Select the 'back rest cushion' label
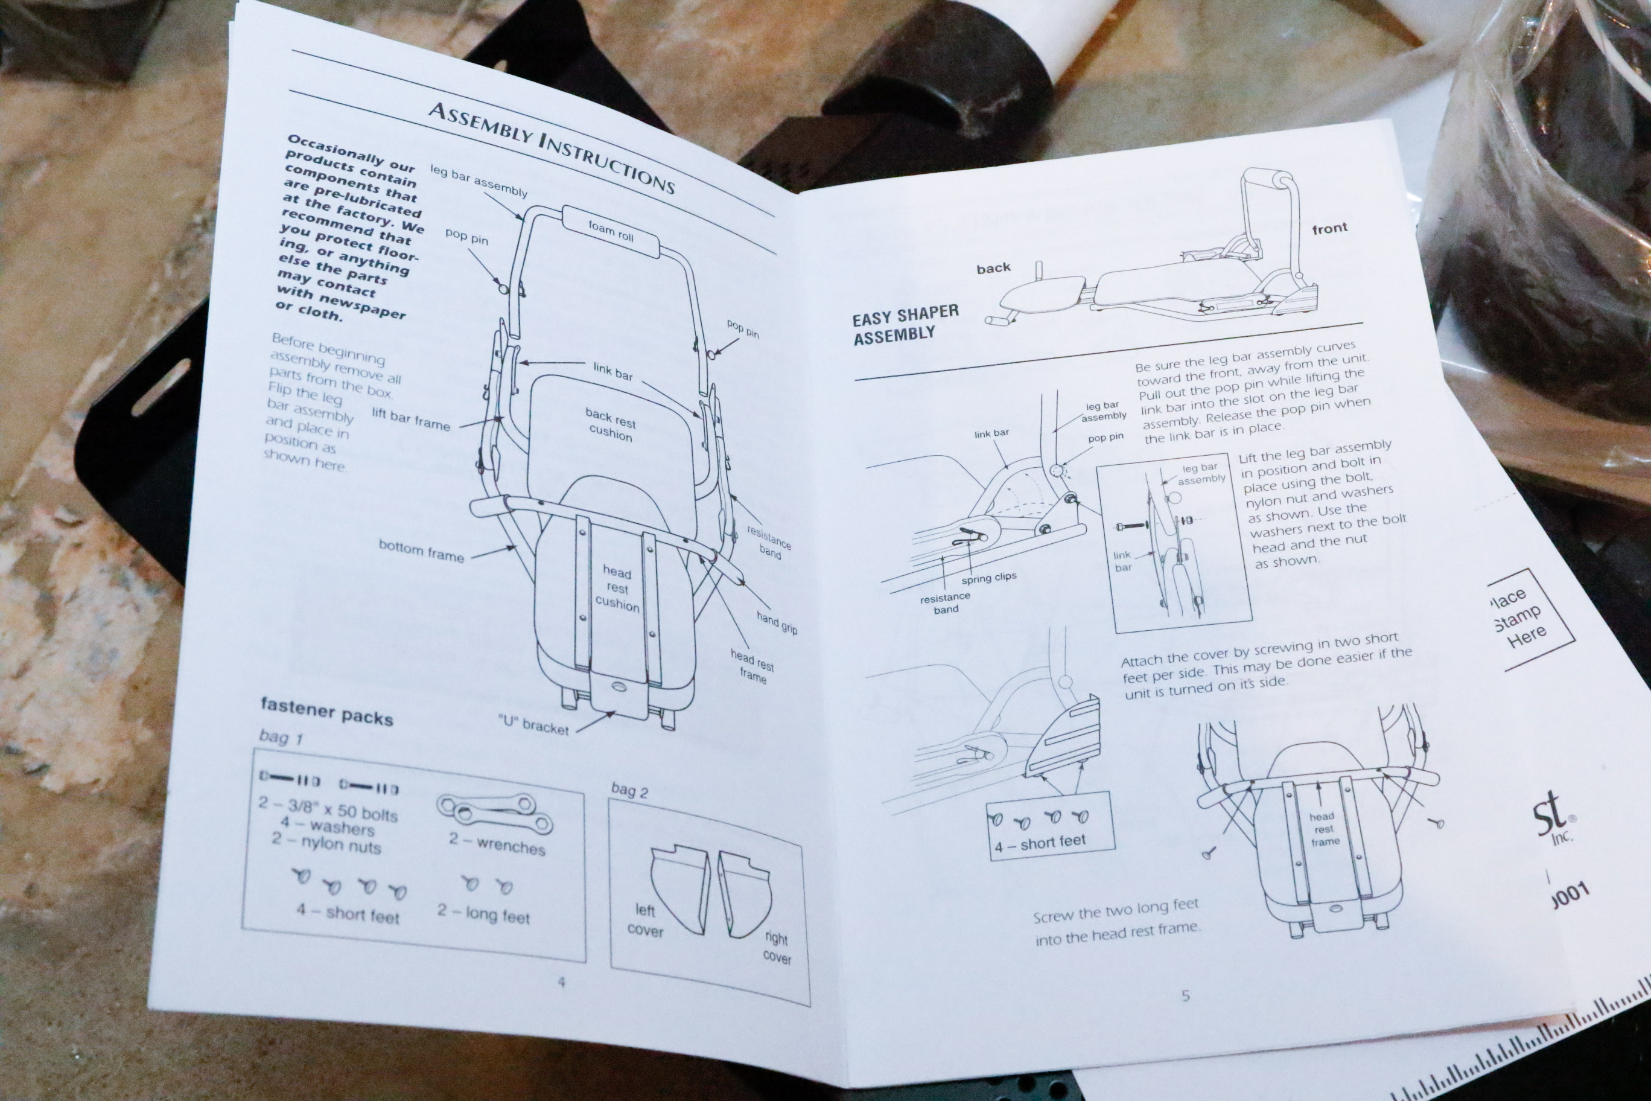610,425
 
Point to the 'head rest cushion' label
617,589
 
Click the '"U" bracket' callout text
533,724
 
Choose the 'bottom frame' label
421,551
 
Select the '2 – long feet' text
483,913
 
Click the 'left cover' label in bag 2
644,921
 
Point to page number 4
561,981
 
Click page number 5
1186,995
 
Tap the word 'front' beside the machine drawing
1329,228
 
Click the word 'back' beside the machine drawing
993,267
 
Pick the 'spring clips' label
988,578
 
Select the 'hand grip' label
777,622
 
